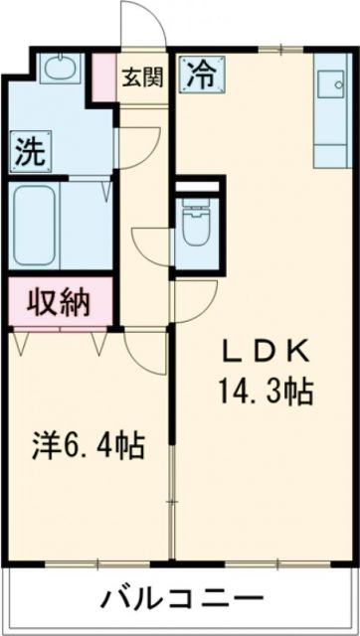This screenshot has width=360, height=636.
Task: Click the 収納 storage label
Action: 60,299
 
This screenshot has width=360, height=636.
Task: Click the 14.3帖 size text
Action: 265,389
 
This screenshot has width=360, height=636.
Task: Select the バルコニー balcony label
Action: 181,599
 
